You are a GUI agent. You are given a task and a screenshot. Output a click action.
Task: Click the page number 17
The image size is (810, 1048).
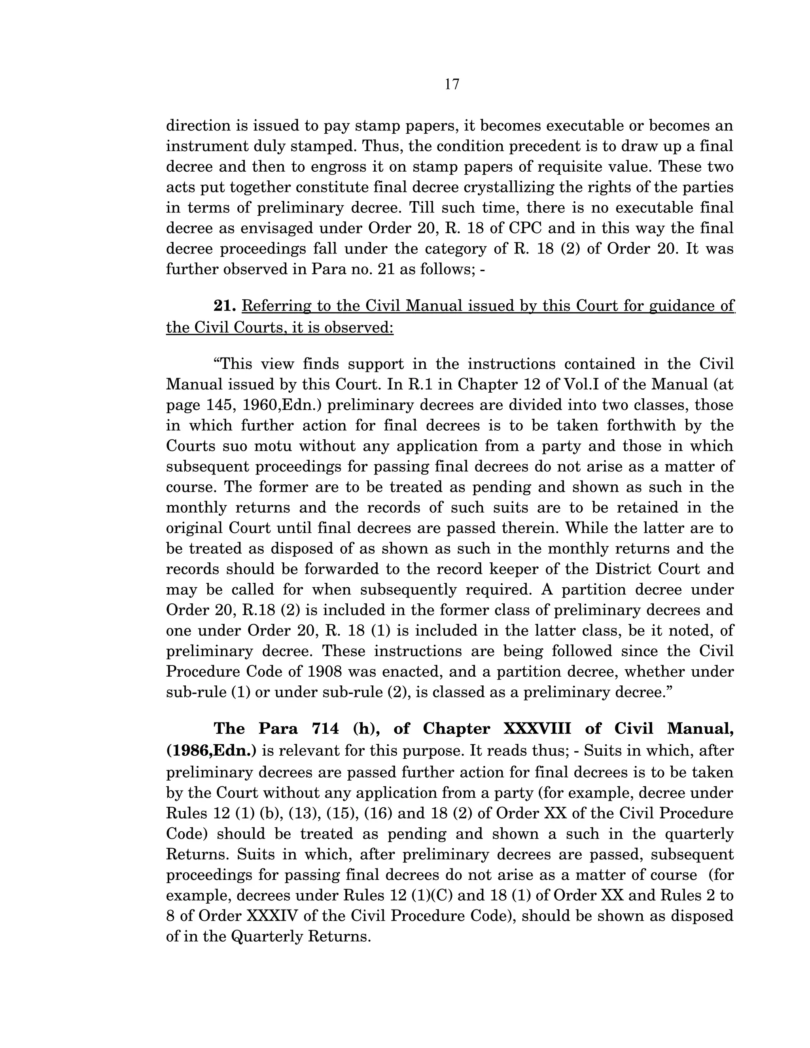pos(452,85)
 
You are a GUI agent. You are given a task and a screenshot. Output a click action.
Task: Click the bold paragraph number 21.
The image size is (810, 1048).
pos(225,306)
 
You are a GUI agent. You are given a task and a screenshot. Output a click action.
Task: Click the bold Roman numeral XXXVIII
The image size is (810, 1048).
pos(537,728)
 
